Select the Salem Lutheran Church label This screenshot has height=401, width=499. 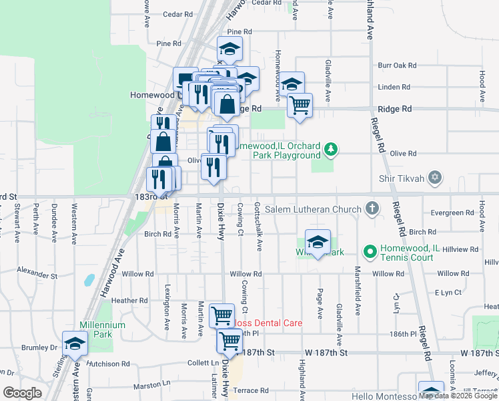coord(313,209)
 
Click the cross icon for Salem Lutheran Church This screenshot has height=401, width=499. coord(372,209)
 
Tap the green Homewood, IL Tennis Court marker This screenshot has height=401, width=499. coord(370,251)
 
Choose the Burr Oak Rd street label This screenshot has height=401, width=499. coord(397,65)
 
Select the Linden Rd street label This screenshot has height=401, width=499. coord(394,87)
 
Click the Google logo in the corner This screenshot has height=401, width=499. coord(22,392)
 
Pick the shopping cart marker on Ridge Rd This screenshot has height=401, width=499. coord(300,104)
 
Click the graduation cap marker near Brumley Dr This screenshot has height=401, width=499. coord(75,344)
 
